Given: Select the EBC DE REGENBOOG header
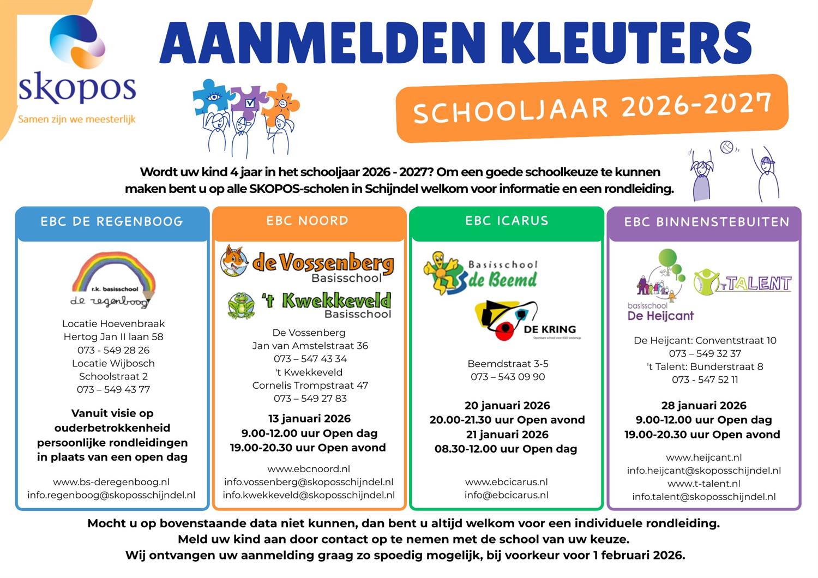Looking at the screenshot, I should click(112, 221).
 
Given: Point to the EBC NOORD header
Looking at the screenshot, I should click(308, 221).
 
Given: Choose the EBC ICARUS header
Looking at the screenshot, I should click(507, 221).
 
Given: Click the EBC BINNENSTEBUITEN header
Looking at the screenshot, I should click(707, 222).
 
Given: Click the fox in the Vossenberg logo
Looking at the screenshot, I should click(234, 261).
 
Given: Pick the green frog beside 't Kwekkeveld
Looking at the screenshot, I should click(240, 305).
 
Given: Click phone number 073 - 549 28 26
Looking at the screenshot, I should click(113, 350).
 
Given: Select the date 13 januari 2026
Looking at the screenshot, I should click(309, 419).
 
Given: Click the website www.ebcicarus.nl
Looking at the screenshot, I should click(506, 482).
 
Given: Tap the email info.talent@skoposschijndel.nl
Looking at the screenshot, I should click(703, 497).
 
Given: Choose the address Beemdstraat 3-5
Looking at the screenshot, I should click(508, 364).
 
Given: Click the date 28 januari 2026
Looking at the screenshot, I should click(703, 405).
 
